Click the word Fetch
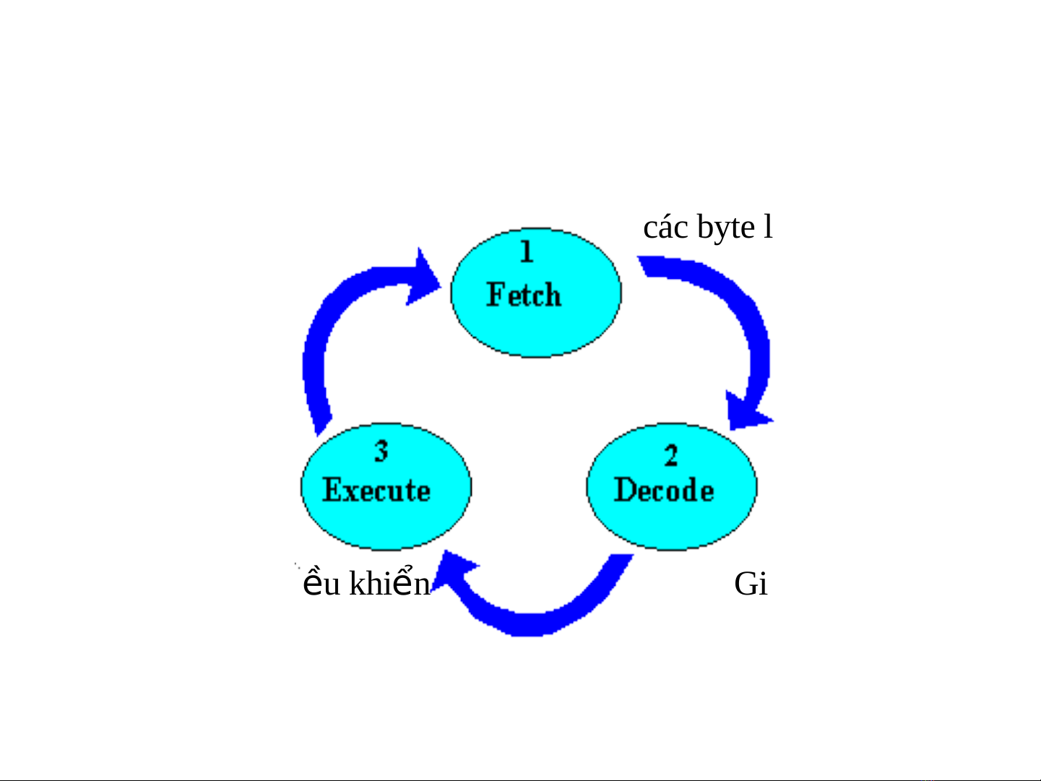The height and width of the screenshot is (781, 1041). click(524, 295)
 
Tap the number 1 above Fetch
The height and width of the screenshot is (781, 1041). click(527, 251)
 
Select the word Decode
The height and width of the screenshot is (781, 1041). click(664, 490)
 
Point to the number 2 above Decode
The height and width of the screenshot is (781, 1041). click(671, 455)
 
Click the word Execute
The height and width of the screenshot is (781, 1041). click(376, 490)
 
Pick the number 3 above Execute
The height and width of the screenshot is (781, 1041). click(381, 451)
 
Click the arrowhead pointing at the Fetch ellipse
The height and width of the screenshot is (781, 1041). click(423, 278)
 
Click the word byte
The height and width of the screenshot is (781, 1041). click(726, 228)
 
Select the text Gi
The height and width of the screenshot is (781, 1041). click(751, 584)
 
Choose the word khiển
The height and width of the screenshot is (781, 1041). click(390, 583)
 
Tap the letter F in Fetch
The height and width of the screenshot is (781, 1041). click(495, 295)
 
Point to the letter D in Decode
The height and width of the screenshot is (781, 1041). click(626, 490)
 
